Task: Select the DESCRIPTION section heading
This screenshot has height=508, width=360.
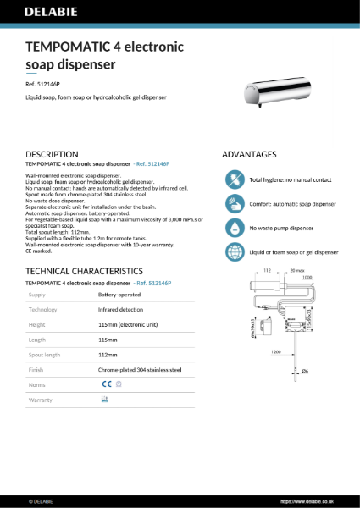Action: (53, 155)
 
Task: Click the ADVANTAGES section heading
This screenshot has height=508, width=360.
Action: (248, 155)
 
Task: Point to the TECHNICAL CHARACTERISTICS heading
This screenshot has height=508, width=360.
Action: (80, 270)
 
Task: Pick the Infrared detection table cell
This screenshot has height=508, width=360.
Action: (121, 310)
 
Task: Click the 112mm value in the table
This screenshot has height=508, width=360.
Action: (108, 355)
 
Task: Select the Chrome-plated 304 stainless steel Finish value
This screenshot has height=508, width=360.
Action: (139, 369)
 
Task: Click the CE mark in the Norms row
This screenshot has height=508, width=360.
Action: (106, 384)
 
